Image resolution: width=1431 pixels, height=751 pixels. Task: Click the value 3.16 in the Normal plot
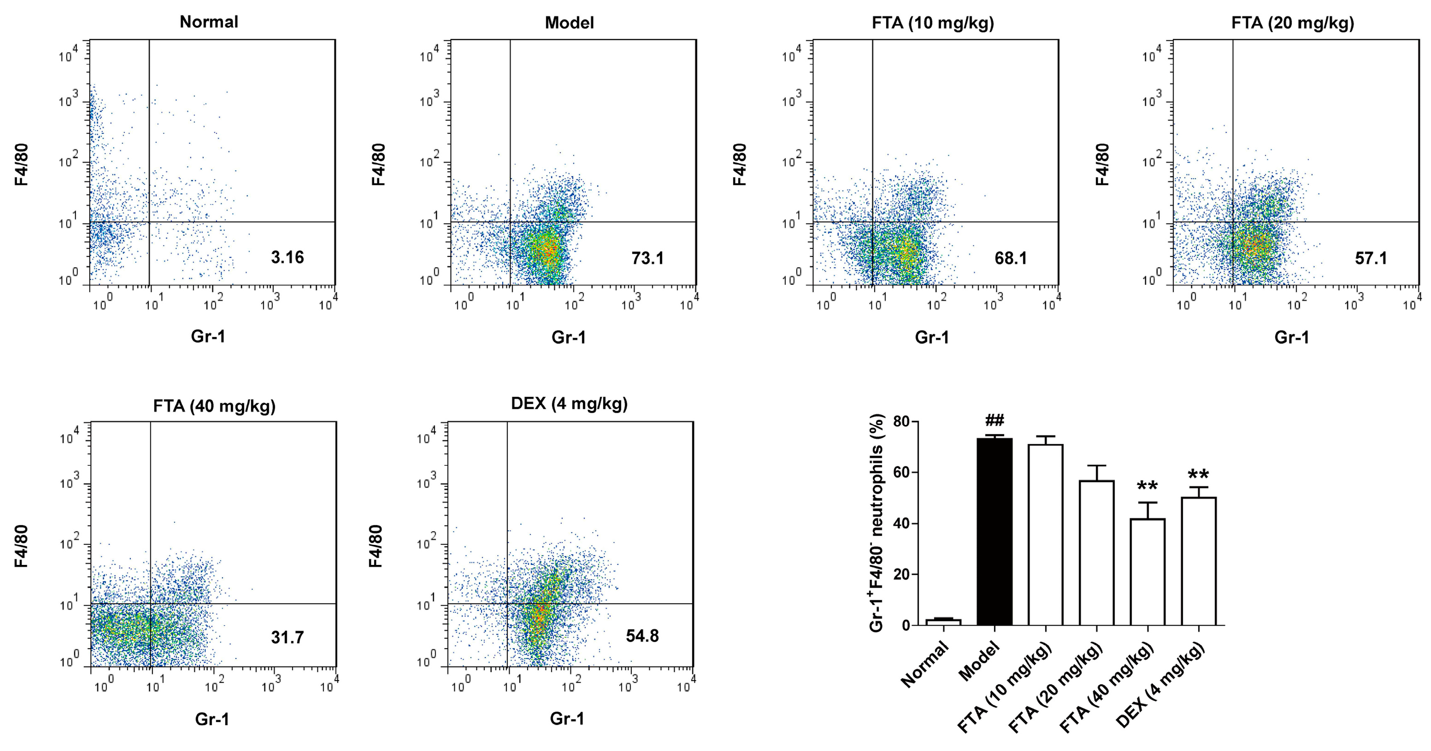(x=287, y=257)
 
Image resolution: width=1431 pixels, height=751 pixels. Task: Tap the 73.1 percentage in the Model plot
(x=647, y=258)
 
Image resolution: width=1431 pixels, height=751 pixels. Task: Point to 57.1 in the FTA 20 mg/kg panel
(x=1371, y=258)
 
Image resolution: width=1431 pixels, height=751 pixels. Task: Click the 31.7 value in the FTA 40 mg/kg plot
(x=287, y=637)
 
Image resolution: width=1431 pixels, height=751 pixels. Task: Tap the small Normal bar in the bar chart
(x=943, y=622)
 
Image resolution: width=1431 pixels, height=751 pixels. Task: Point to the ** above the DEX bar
(x=1198, y=475)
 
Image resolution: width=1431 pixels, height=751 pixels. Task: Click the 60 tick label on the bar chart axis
(x=902, y=473)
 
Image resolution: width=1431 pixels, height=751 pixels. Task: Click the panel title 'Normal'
(x=209, y=22)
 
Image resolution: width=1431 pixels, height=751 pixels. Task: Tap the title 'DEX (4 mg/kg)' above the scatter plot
(x=569, y=403)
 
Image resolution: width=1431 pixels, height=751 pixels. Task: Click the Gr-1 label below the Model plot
(x=568, y=337)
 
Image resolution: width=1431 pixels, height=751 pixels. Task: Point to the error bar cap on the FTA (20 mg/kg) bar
(x=1097, y=465)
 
